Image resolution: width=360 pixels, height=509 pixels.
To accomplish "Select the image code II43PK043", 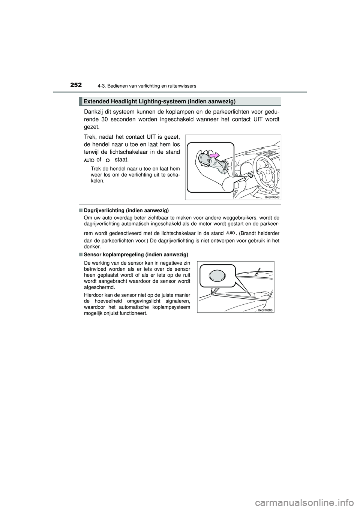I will (x=272, y=197).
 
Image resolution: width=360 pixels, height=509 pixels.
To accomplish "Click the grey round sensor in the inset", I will (x=217, y=277).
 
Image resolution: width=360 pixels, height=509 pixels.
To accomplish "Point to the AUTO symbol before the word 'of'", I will (x=87, y=160).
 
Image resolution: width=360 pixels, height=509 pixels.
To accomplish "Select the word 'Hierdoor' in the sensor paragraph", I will (x=94, y=295).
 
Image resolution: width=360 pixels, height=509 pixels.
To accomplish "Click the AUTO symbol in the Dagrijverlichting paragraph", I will (x=231, y=233).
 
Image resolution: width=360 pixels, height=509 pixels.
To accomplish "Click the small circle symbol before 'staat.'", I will (x=108, y=160).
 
